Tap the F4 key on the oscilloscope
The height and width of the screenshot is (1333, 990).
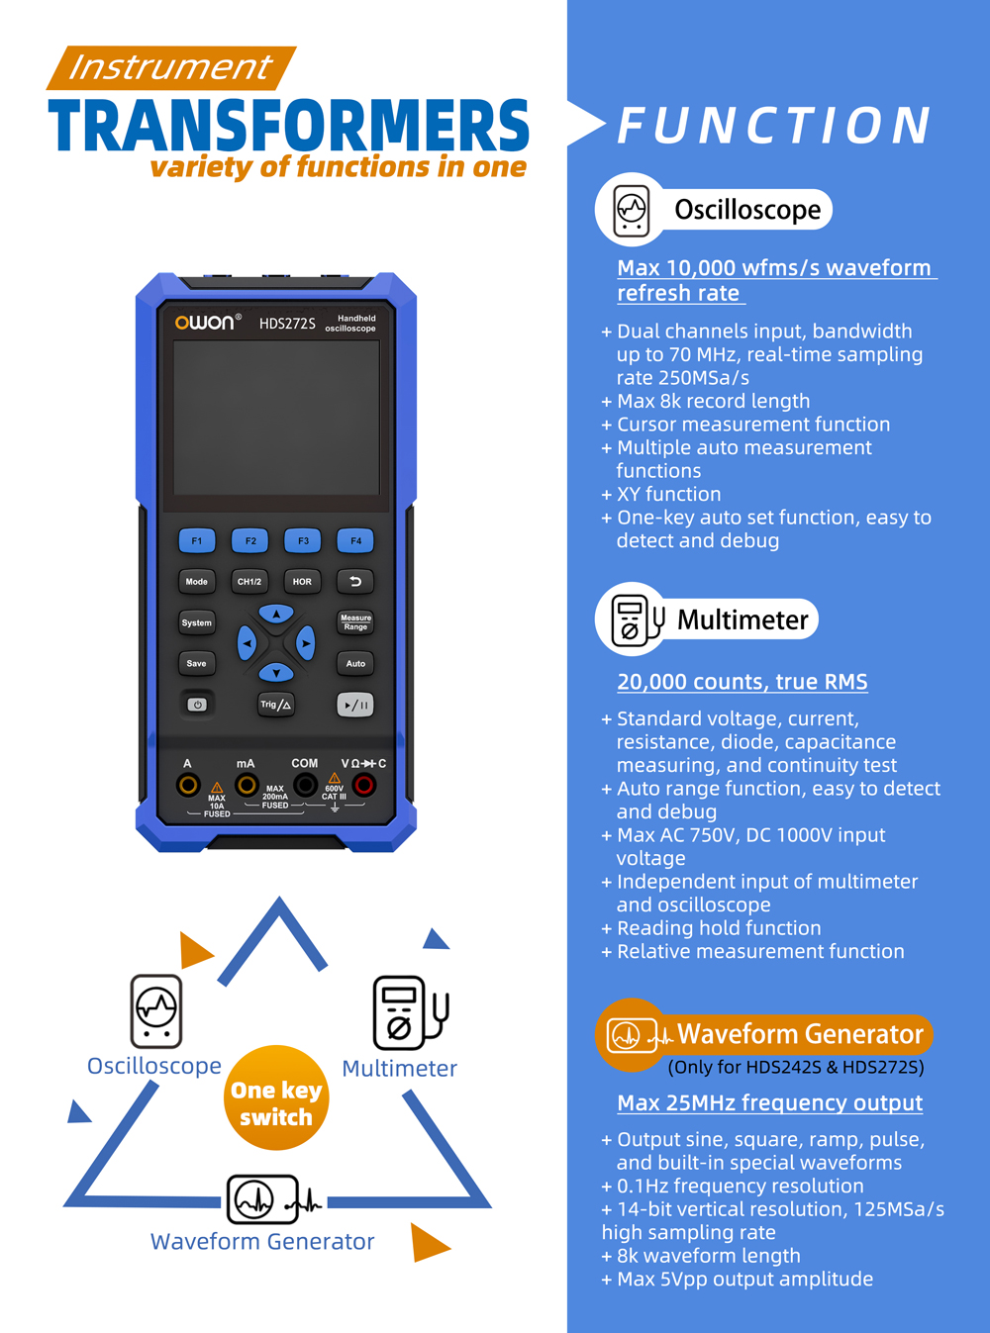[355, 540]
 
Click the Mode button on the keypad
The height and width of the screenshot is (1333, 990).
[197, 582]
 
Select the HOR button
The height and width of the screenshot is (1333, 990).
[302, 582]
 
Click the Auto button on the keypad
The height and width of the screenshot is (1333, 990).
[355, 663]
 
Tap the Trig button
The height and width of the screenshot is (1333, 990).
[275, 705]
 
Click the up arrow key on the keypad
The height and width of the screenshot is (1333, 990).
[276, 615]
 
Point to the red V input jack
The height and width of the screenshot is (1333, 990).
[364, 786]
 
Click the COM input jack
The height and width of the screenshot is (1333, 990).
[305, 786]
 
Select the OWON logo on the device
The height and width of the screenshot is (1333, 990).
[204, 323]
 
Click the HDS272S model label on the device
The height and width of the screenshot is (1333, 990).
[287, 324]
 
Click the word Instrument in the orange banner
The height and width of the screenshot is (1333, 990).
[170, 67]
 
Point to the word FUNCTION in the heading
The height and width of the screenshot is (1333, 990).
[774, 126]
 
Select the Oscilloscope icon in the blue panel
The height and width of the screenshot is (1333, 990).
[632, 210]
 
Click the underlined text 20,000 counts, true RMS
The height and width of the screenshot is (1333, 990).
[742, 682]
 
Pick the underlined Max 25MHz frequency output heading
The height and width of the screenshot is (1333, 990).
[769, 1102]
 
